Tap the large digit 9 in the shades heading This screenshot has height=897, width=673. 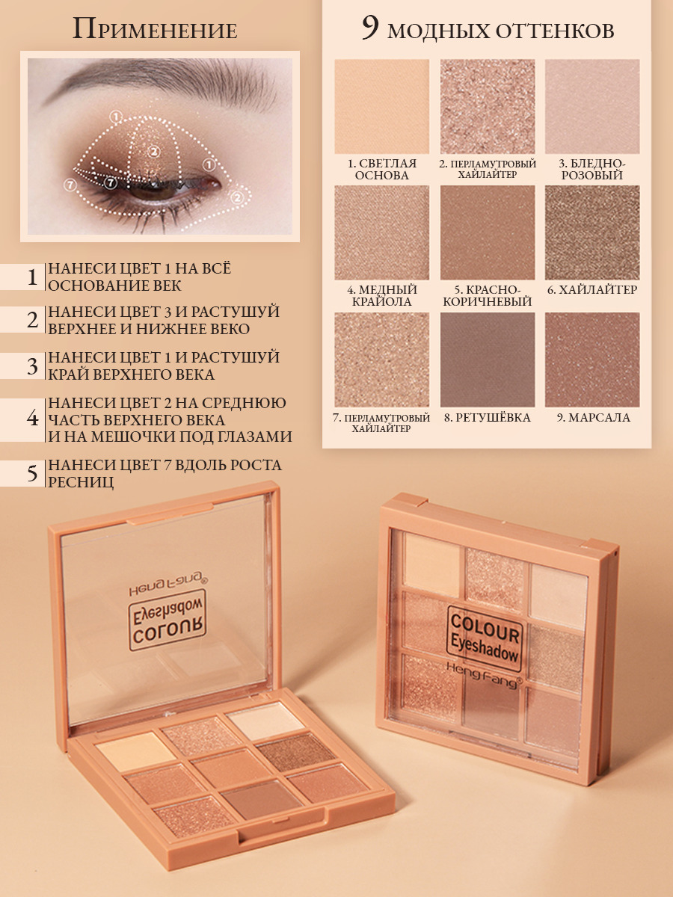pyautogui.click(x=370, y=28)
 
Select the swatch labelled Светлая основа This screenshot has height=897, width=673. pyautogui.click(x=381, y=106)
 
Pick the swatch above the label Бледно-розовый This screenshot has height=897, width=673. pyautogui.click(x=592, y=106)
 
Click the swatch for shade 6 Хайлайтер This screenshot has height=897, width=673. pyautogui.click(x=592, y=232)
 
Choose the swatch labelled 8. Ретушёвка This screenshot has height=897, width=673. pyautogui.click(x=488, y=360)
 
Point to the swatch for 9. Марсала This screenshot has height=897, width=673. pyautogui.click(x=592, y=360)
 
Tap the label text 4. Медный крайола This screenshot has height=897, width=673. pyautogui.click(x=381, y=296)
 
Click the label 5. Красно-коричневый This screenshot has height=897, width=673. pyautogui.click(x=488, y=296)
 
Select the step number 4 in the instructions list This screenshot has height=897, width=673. pyautogui.click(x=32, y=419)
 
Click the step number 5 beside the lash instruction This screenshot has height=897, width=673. pyautogui.click(x=32, y=474)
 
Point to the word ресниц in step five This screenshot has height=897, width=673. pyautogui.click(x=81, y=483)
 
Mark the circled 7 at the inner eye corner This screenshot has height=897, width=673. pyautogui.click(x=70, y=185)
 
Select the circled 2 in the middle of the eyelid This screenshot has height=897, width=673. pyautogui.click(x=153, y=152)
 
